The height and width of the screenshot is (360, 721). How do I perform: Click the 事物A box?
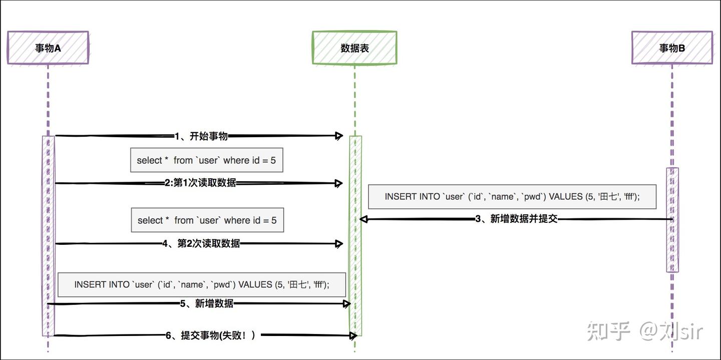pos(48,48)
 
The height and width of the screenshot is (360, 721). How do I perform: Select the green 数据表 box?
pos(354,48)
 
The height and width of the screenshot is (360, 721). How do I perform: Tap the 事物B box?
pos(672,48)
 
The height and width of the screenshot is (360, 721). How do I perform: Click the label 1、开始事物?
pos(201,136)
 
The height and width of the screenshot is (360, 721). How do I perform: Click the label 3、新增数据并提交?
pos(516,219)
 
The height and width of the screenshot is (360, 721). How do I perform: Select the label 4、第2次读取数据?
pos(201,244)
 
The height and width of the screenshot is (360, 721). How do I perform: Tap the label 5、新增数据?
pos(207,303)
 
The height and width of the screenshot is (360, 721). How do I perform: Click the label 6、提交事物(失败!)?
pos(211,335)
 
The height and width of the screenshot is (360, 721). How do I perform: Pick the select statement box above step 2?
pos(206,160)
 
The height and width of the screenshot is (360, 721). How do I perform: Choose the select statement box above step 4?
pos(207,220)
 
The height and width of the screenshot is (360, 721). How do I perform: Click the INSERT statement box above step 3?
pos(512,197)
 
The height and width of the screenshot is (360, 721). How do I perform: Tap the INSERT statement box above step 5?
pos(202,284)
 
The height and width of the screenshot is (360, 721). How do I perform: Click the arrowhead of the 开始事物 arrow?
pos(339,136)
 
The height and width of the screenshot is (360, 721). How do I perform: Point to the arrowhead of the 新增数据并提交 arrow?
pos(364,219)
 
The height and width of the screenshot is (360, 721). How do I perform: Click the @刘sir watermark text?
pos(671,331)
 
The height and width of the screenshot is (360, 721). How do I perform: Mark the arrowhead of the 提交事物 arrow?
pos(353,335)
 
